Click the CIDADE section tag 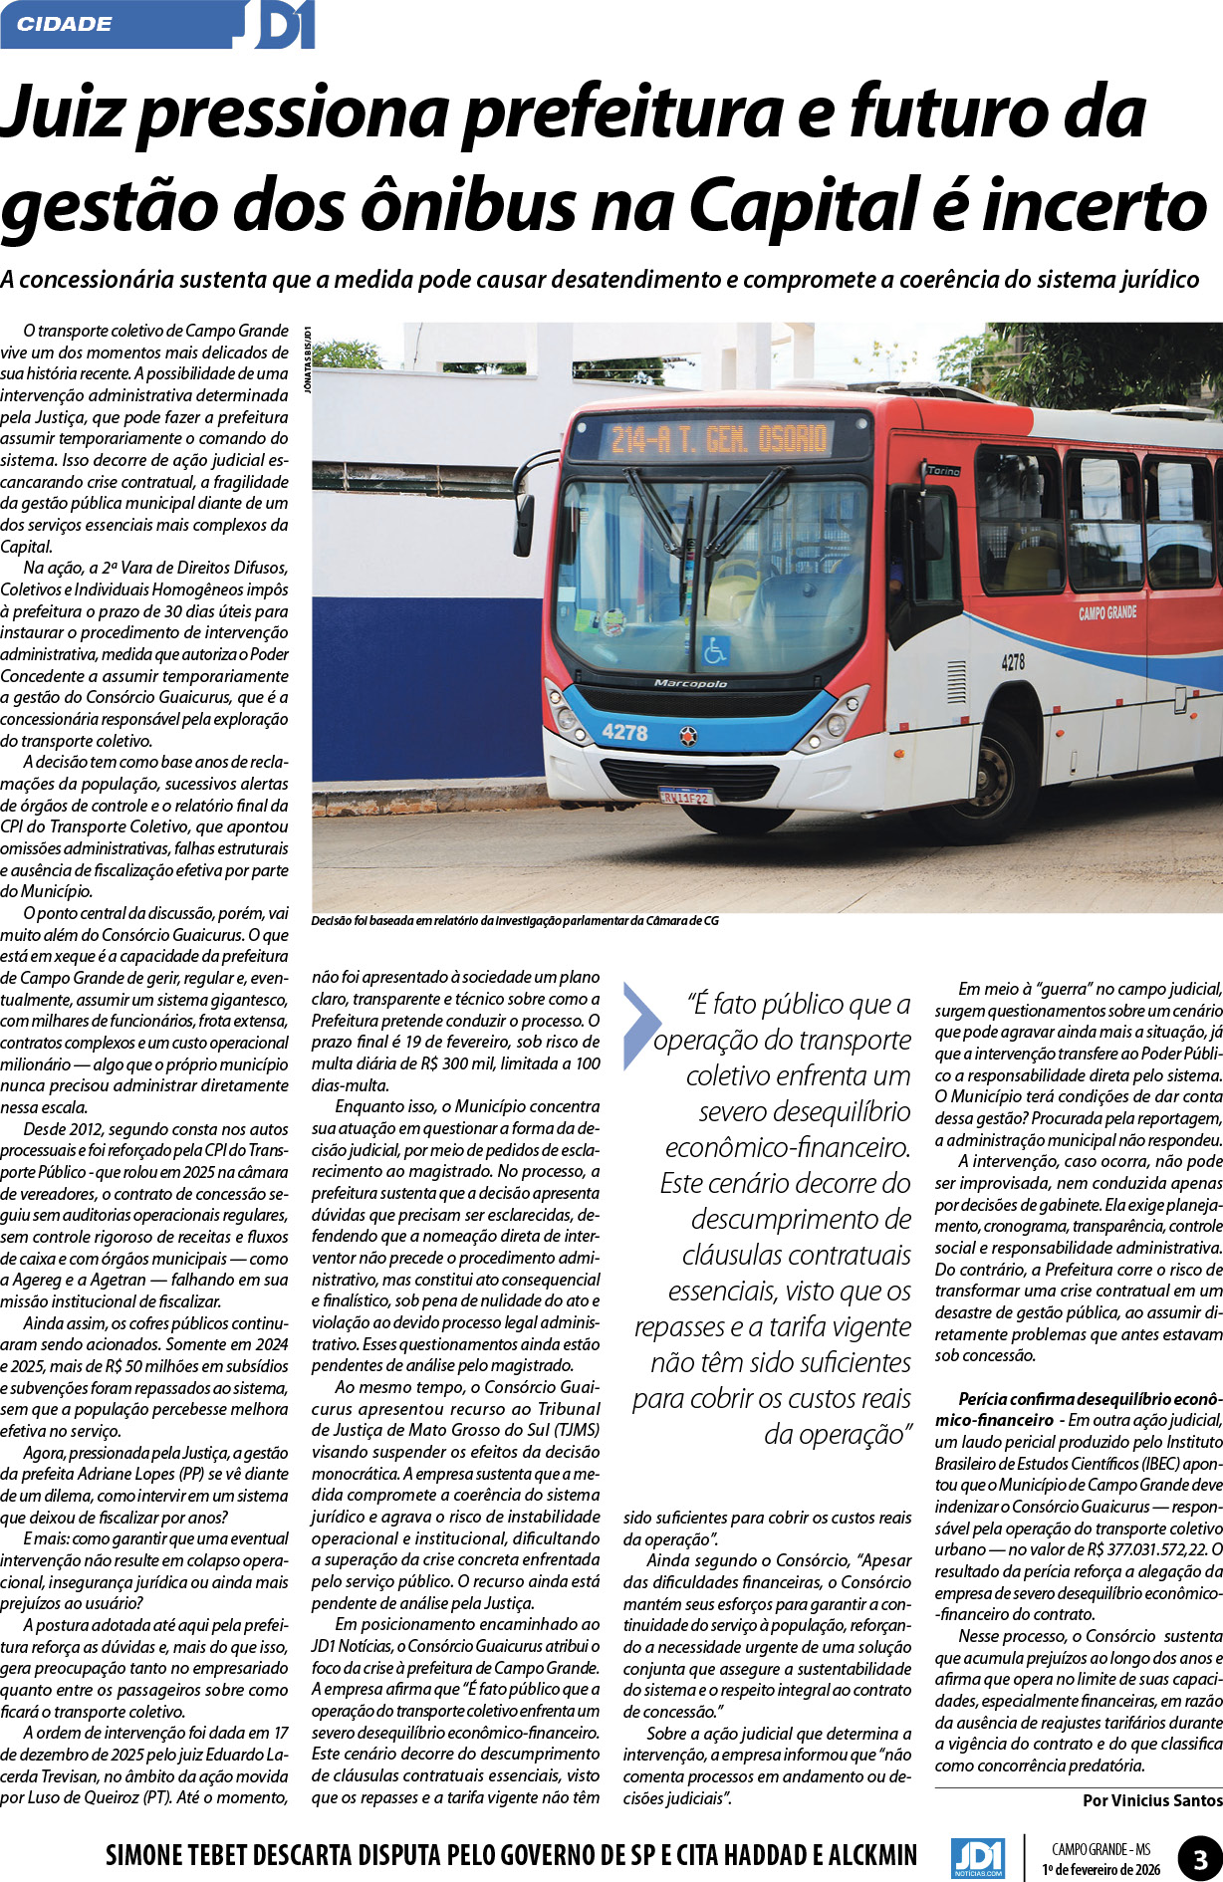pos(65,24)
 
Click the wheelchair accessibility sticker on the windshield pos(714,650)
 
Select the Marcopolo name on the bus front pos(690,683)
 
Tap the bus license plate pos(685,796)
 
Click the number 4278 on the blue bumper pos(624,733)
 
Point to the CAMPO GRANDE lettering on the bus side pos(1106,613)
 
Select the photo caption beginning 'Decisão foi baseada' pos(514,921)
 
